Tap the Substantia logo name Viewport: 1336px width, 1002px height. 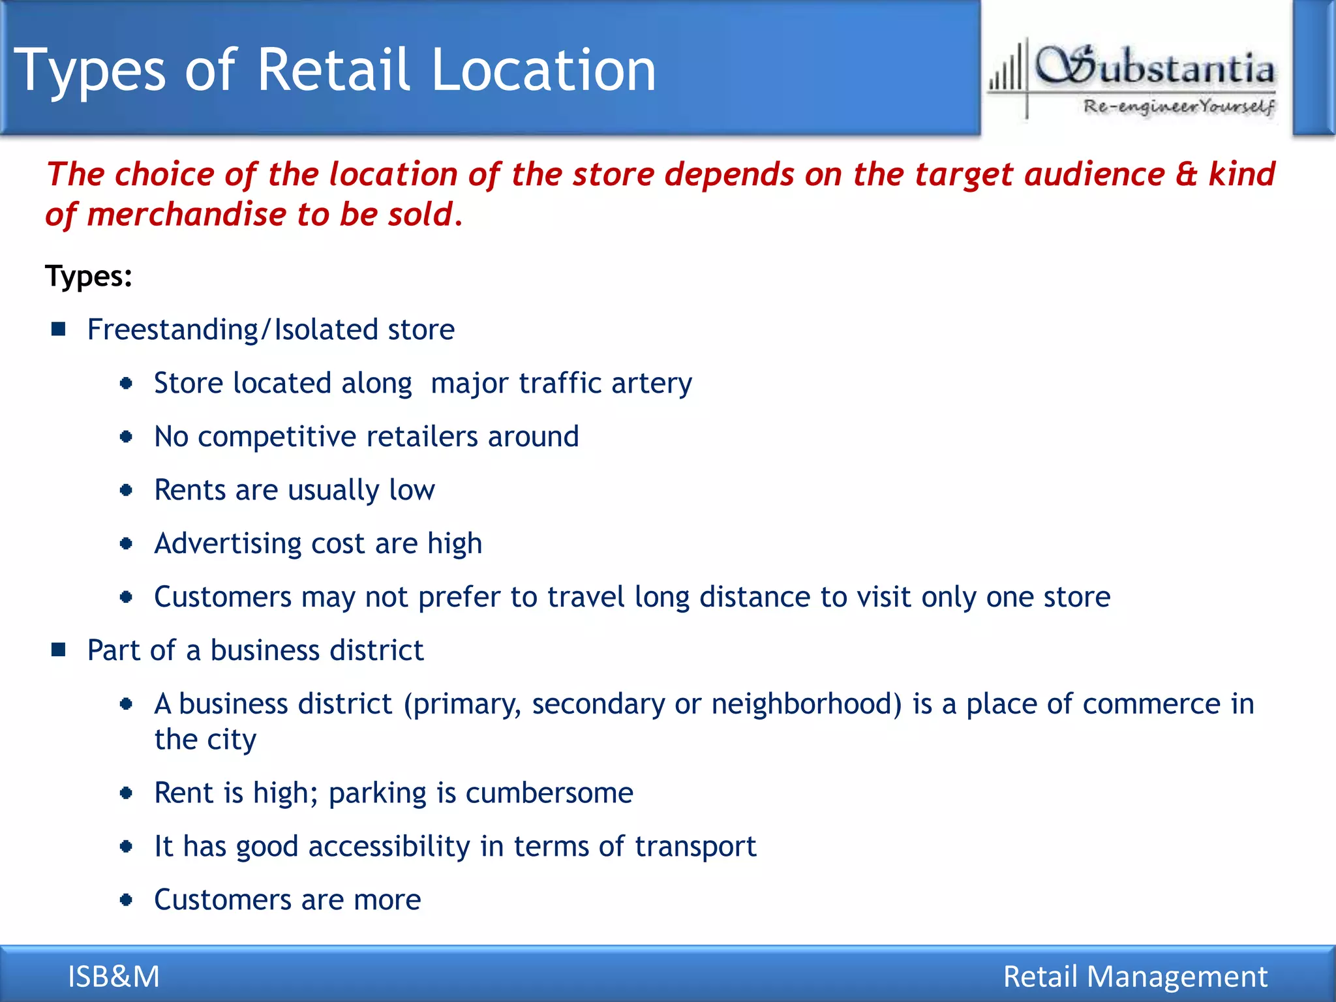point(1155,68)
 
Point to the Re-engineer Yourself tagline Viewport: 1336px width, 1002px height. point(1179,106)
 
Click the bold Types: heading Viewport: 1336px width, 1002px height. point(89,276)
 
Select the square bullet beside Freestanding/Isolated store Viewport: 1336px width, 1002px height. point(59,329)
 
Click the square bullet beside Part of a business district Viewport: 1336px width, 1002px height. point(59,650)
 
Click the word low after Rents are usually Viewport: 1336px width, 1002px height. point(412,490)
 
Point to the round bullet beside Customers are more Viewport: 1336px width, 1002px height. point(127,900)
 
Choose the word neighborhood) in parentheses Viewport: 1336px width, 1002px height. point(806,705)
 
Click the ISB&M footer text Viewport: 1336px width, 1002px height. point(114,977)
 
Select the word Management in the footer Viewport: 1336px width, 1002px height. point(1177,977)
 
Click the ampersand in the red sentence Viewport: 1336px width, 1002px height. point(1187,174)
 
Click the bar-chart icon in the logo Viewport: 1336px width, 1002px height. point(1006,73)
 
